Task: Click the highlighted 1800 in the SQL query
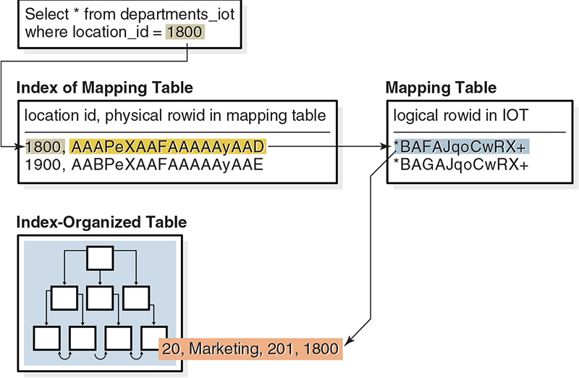pos(185,32)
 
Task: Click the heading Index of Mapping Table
pos(104,88)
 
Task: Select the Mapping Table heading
pos(441,88)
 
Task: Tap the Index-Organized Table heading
pos(101,222)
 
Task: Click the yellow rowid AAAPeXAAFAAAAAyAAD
pos(168,147)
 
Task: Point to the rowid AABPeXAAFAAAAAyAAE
pos(167,164)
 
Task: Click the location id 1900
pos(43,164)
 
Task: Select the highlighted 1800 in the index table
pos(43,147)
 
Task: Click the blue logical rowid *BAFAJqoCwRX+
pos(461,147)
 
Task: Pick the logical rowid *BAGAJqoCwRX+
pos(461,164)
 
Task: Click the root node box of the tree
pos(100,258)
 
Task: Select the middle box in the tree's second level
pos(100,298)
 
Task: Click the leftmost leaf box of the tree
pos(46,337)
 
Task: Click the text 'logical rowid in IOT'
pos(460,115)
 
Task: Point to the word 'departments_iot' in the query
pos(177,14)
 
